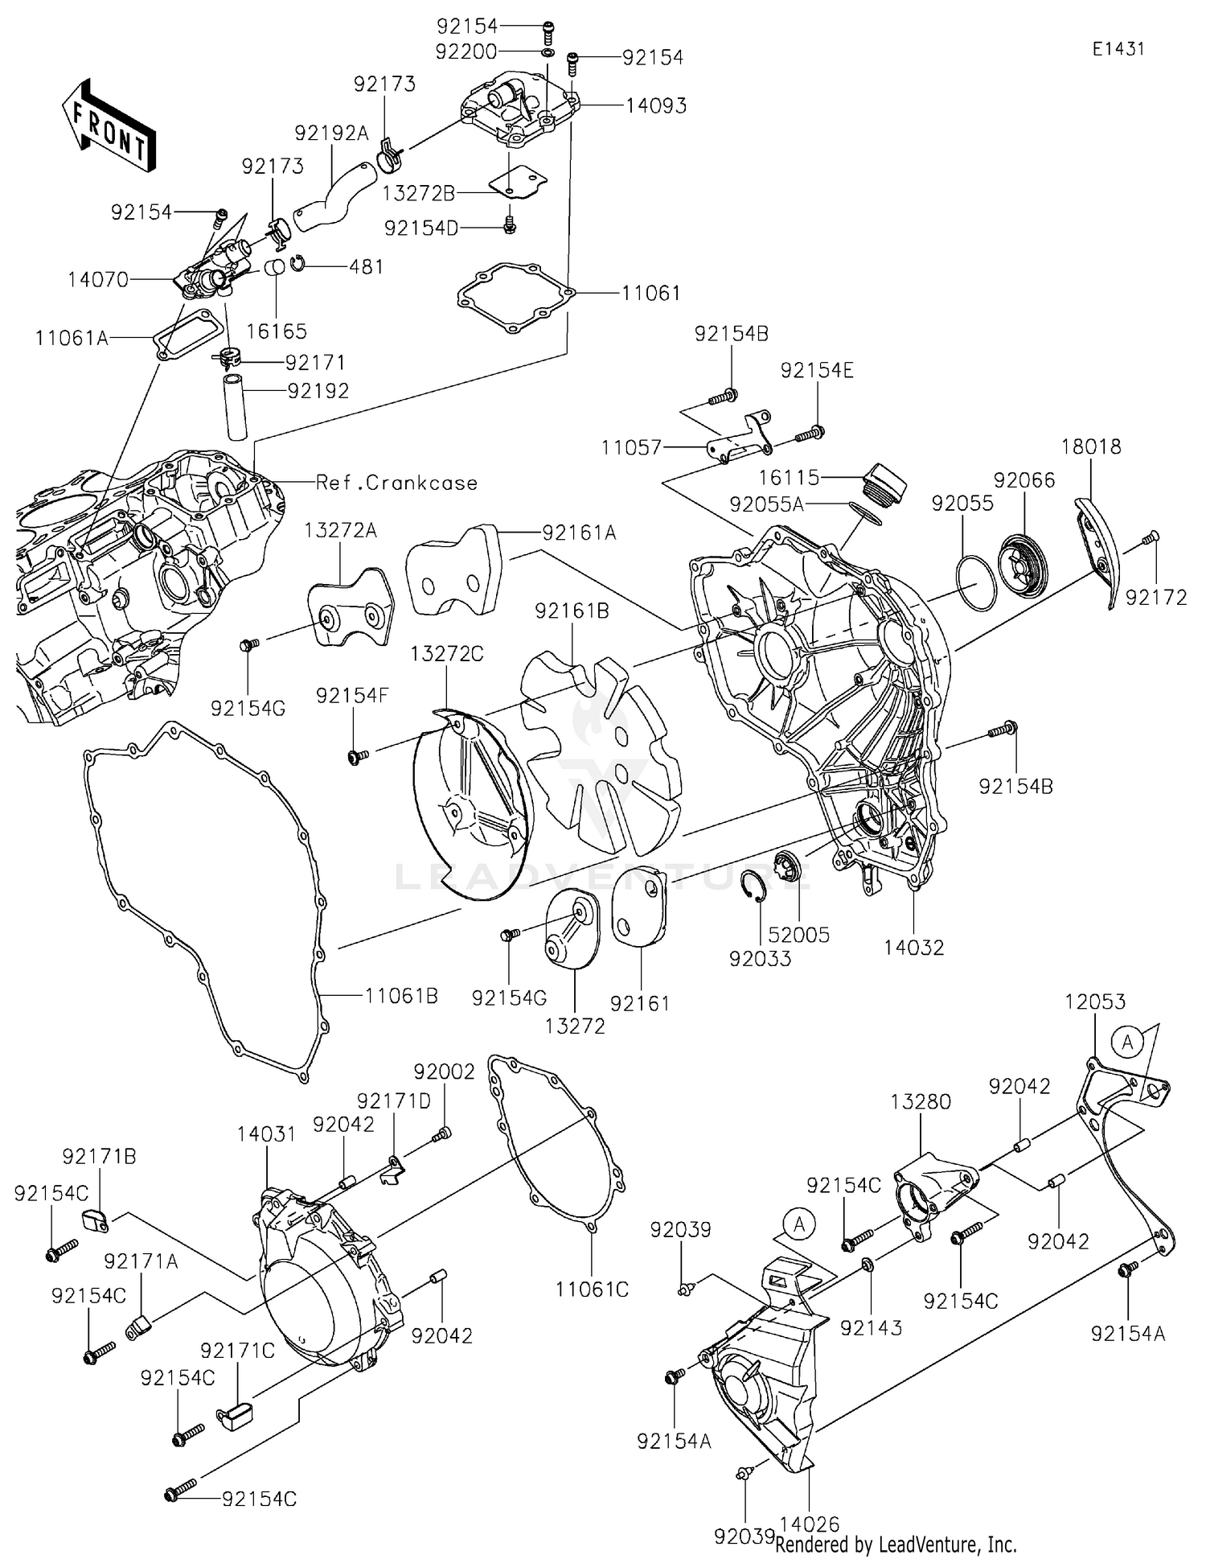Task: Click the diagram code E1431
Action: [1118, 49]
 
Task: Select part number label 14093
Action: [657, 106]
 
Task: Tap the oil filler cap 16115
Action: [884, 481]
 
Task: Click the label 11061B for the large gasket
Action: [401, 996]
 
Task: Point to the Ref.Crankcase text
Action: [396, 483]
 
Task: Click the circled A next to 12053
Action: [1127, 1043]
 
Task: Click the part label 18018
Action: [1091, 446]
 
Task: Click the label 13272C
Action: [447, 654]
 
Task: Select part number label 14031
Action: [266, 1134]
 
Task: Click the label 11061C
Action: [592, 1290]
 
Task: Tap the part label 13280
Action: [921, 1102]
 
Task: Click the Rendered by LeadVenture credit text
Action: [896, 1545]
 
